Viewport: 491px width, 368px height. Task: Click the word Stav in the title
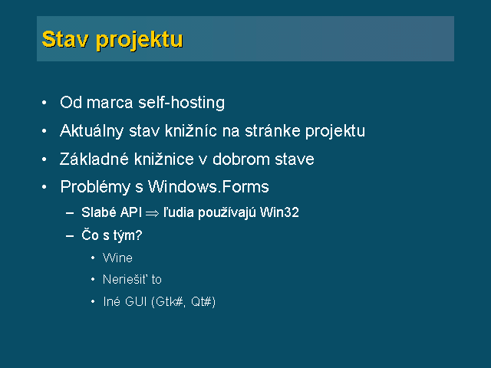coord(64,39)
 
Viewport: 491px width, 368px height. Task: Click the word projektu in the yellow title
coord(139,41)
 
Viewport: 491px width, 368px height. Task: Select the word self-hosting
coord(182,103)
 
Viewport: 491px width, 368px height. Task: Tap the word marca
coord(110,104)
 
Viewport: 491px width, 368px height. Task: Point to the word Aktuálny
coord(91,131)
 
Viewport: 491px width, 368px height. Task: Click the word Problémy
coord(95,187)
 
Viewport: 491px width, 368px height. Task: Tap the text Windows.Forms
coord(208,187)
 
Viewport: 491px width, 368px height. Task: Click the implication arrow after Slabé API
coord(152,214)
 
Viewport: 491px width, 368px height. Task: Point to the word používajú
coord(227,213)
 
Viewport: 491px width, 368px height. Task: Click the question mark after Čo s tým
coord(139,235)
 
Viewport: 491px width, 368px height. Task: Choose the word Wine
coord(117,258)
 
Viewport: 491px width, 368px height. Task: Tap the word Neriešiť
coord(125,279)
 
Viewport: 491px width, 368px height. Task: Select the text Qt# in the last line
coord(202,301)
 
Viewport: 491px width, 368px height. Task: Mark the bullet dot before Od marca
coord(44,103)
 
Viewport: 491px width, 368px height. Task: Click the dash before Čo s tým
coord(70,235)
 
